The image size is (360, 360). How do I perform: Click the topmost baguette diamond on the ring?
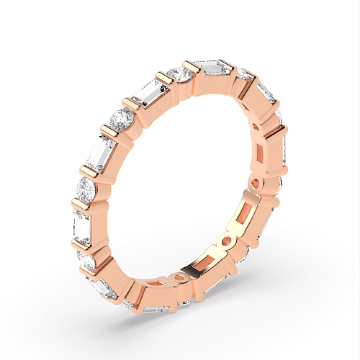point(213,70)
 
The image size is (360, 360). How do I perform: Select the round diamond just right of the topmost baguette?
point(243,75)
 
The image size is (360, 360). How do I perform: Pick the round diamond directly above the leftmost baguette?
point(86,189)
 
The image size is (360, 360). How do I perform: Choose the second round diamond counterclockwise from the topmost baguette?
point(122,118)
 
